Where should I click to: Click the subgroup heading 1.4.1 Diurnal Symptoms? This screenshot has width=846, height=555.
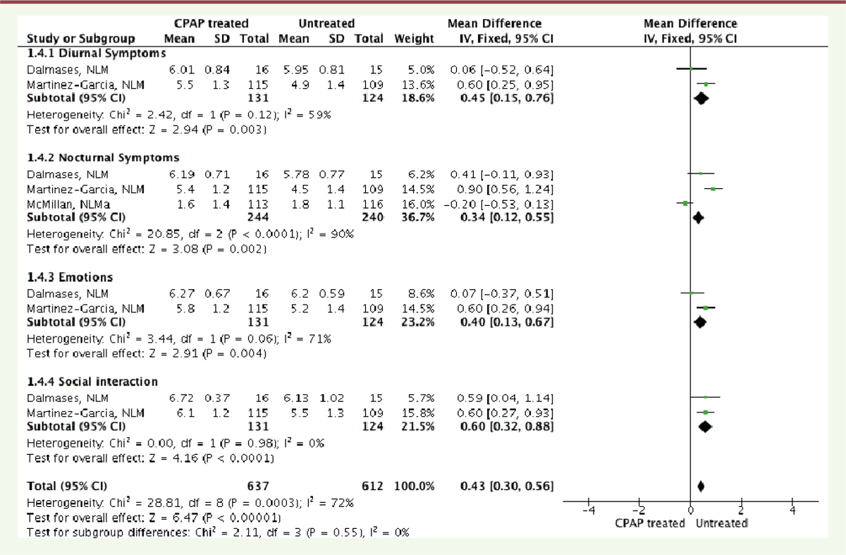pyautogui.click(x=96, y=53)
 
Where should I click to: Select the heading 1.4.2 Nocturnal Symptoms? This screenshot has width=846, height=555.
pyautogui.click(x=103, y=157)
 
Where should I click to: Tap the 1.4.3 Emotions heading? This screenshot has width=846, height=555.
pyautogui.click(x=69, y=276)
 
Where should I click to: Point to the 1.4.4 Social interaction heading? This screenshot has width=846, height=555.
pyautogui.click(x=92, y=382)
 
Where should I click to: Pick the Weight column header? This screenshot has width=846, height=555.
pyautogui.click(x=414, y=38)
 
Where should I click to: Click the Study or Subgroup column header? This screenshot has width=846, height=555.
pyautogui.click(x=90, y=38)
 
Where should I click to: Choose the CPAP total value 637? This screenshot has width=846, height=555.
pyautogui.click(x=259, y=486)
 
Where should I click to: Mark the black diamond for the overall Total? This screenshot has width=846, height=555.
pyautogui.click(x=701, y=486)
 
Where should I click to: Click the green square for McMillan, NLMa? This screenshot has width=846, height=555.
pyautogui.click(x=685, y=203)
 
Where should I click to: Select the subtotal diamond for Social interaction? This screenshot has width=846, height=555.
pyautogui.click(x=704, y=427)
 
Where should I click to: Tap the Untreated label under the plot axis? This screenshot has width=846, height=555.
pyautogui.click(x=722, y=523)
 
